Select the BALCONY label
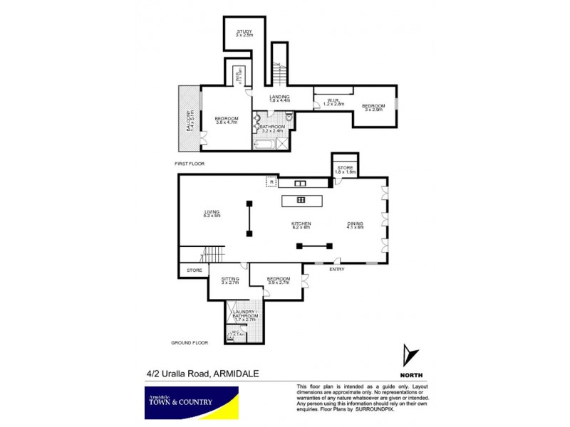point(189,117)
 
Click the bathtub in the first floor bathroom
point(262,145)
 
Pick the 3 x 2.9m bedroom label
point(373,108)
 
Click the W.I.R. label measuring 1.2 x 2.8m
point(333,102)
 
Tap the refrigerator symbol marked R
point(271,182)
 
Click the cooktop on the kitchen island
point(301,200)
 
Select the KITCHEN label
point(301,226)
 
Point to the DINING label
point(355,226)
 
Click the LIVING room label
point(212,213)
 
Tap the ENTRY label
point(337,270)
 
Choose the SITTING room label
point(229,280)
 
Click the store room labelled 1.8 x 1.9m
point(346,170)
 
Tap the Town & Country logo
point(188,401)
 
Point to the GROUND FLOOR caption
point(189,343)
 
